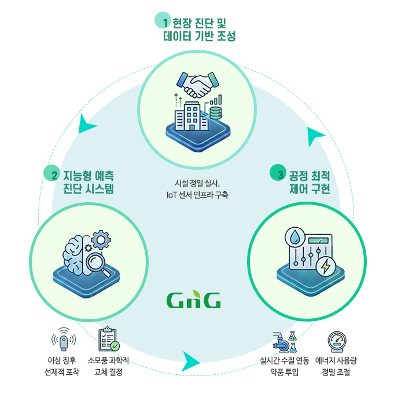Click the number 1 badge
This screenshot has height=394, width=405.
(164, 23)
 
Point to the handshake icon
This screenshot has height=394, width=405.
(196, 85)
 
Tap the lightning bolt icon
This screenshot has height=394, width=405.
(326, 266)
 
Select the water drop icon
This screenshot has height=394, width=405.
(294, 239)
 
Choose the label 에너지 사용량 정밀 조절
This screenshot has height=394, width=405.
(336, 366)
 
